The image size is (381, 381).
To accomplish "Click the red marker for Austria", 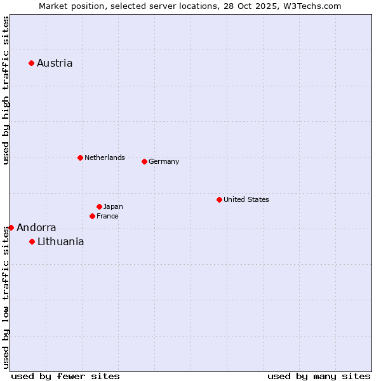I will pyautogui.click(x=31, y=63).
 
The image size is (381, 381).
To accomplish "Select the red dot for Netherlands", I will pyautogui.click(x=80, y=157).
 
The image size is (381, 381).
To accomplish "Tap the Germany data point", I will pyautogui.click(x=144, y=161).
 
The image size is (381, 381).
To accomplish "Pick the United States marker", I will pyautogui.click(x=219, y=199).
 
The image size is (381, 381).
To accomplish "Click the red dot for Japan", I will pyautogui.click(x=99, y=206).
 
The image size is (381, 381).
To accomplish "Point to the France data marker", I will pyautogui.click(x=92, y=216).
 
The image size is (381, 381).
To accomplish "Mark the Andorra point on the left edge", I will pyautogui.click(x=11, y=227).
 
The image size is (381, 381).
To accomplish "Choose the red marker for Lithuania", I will pyautogui.click(x=32, y=241).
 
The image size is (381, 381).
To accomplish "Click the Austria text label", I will pyautogui.click(x=55, y=63).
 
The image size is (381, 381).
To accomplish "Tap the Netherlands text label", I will pyautogui.click(x=105, y=157).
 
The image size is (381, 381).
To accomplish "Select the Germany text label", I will pyautogui.click(x=164, y=161).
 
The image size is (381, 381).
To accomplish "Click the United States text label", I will pyautogui.click(x=246, y=199).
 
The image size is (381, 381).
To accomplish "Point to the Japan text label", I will pyautogui.click(x=113, y=206).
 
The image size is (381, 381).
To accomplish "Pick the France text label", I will pyautogui.click(x=107, y=216).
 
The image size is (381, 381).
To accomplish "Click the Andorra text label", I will pyautogui.click(x=36, y=227).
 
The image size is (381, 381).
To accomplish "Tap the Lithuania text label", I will pyautogui.click(x=60, y=241).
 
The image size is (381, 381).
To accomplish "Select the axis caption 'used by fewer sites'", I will pyautogui.click(x=65, y=376).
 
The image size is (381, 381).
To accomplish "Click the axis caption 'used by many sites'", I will pyautogui.click(x=319, y=376).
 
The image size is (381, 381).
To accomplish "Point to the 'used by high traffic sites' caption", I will pyautogui.click(x=6, y=91).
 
